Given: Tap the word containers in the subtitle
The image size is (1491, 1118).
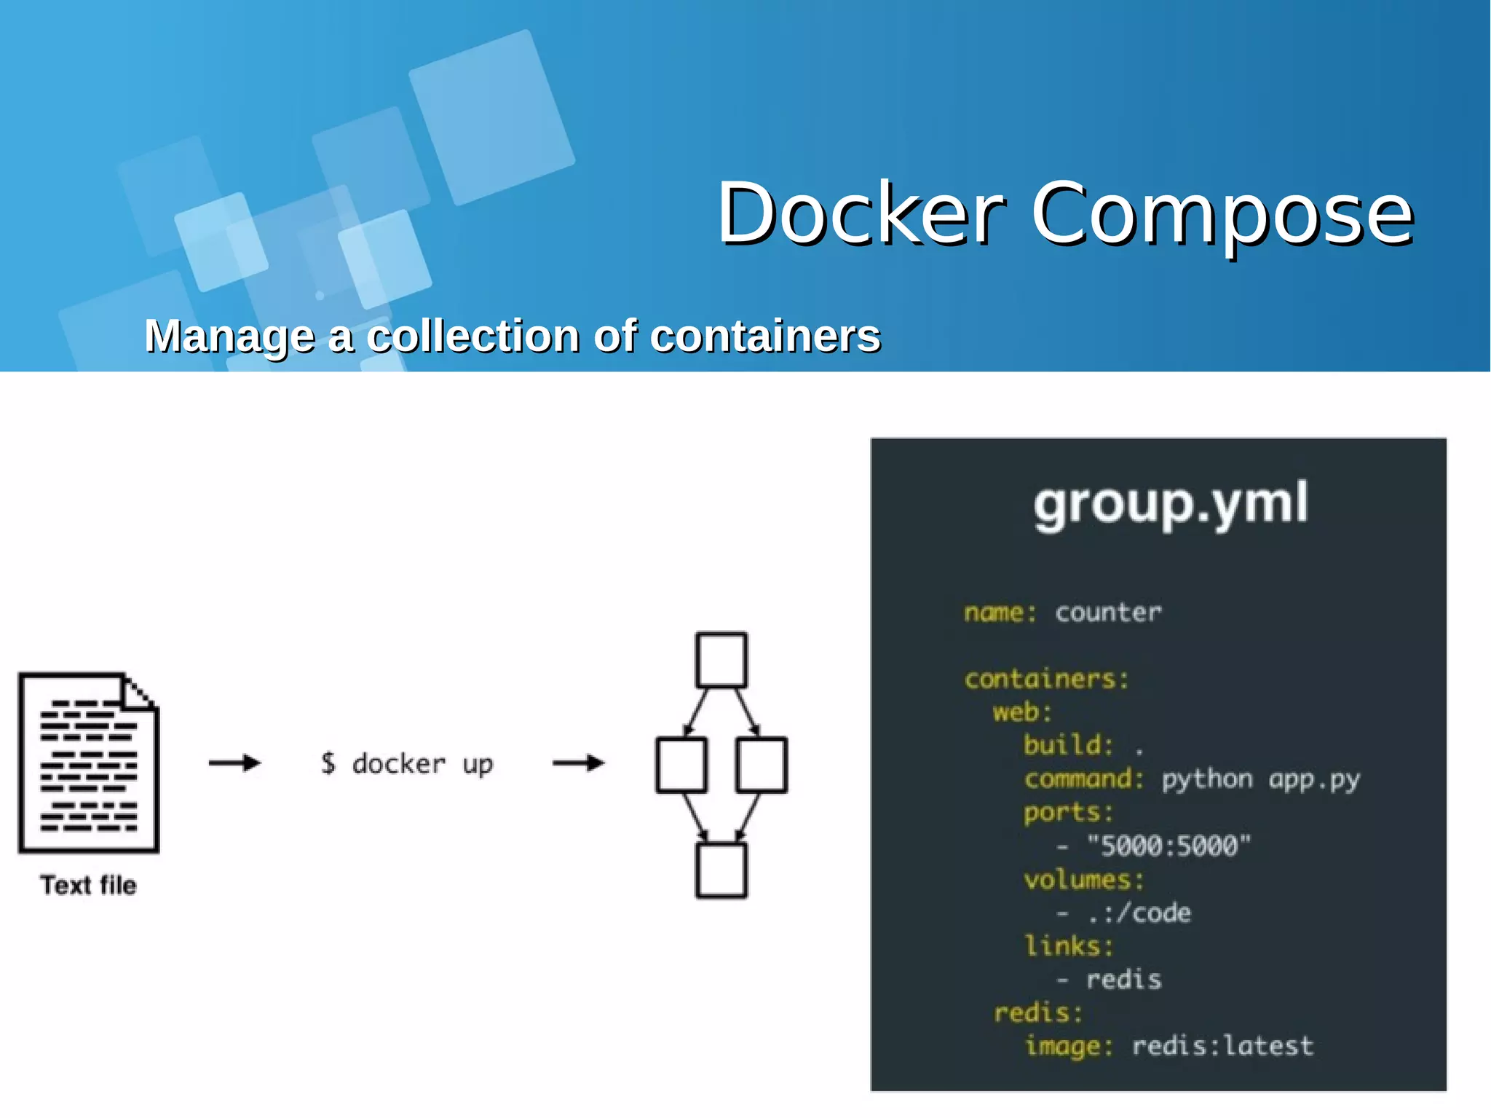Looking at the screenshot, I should [764, 336].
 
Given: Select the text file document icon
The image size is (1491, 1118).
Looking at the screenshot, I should [89, 763].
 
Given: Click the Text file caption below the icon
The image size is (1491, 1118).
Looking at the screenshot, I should [88, 885].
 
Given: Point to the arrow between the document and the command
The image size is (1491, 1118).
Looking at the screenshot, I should [234, 763].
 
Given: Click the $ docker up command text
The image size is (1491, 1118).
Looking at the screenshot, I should [407, 764].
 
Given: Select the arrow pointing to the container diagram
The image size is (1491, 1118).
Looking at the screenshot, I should [579, 763].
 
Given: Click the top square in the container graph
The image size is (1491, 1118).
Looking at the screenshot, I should [721, 661].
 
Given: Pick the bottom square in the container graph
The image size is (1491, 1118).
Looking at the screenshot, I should [721, 870].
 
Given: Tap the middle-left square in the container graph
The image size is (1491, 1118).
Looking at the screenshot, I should [681, 765].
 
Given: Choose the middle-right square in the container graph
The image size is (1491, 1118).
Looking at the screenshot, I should [762, 765].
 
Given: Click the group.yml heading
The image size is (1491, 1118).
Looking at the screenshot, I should [1171, 503].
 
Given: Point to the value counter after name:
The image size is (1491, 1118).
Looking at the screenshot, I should [1108, 613].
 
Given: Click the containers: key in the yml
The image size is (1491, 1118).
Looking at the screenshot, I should [1046, 679].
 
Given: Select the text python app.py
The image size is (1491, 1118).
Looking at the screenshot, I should [1260, 779].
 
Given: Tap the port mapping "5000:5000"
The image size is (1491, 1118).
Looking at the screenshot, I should [1168, 846].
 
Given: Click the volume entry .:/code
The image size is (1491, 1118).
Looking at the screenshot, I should [1139, 913].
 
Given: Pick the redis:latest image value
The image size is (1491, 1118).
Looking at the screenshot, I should [1222, 1046].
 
